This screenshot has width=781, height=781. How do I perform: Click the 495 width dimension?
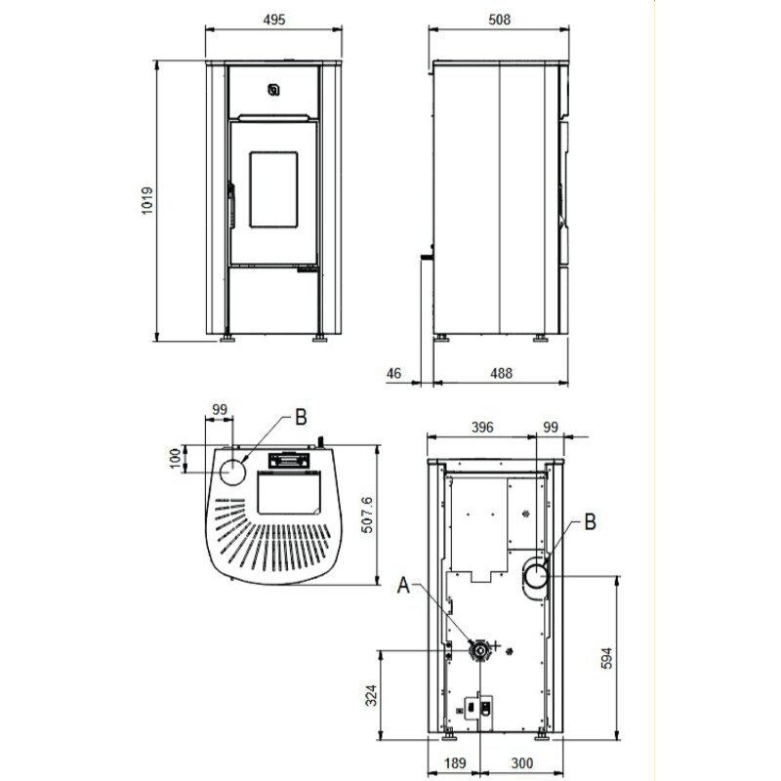coord(274,20)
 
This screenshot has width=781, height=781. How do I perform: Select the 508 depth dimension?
coord(497,20)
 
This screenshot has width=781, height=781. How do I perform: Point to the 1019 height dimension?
coord(145,201)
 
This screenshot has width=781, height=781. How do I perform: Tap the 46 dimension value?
coord(394,373)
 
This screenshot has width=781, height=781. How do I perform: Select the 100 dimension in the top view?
coord(176,457)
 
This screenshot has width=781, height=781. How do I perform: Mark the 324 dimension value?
coord(370,695)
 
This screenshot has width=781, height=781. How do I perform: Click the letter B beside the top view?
coord(301,417)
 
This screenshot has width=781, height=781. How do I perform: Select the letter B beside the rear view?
coord(589,522)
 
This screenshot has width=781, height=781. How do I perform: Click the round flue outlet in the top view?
coord(234,473)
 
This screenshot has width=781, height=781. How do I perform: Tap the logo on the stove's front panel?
coord(275,91)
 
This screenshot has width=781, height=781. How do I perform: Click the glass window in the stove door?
coord(274,188)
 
